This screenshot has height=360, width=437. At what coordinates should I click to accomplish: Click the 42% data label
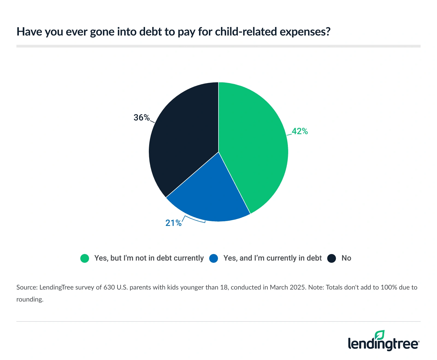tap(300, 131)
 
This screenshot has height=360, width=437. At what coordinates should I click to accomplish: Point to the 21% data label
tap(173, 223)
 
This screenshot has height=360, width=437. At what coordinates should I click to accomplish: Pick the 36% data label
tap(141, 118)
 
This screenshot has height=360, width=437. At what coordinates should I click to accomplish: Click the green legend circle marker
tap(85, 258)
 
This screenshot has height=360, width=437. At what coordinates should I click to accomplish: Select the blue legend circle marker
tap(214, 258)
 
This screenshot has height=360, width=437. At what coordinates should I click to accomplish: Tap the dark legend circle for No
tap(332, 258)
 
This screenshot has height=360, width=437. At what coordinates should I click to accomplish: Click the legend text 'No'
tap(346, 258)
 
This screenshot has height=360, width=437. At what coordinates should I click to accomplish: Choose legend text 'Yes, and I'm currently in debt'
tap(272, 258)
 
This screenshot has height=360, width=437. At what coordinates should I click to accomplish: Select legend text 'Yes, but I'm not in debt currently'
tap(149, 258)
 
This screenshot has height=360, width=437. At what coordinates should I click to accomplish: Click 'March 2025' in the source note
tap(288, 287)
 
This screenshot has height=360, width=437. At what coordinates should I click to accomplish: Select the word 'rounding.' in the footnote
tap(30, 299)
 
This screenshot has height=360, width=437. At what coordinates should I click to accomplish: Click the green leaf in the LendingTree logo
tap(380, 335)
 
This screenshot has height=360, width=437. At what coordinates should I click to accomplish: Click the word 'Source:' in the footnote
tap(27, 287)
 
